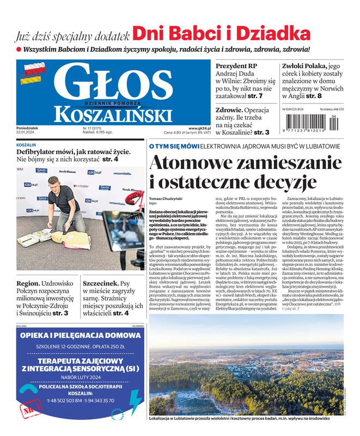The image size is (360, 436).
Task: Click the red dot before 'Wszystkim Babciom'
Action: point(19,50)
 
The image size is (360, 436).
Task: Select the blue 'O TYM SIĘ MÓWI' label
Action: point(174,147)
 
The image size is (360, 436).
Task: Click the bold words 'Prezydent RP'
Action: point(237,65)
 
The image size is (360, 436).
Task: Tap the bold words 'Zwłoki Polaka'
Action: point(304,65)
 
